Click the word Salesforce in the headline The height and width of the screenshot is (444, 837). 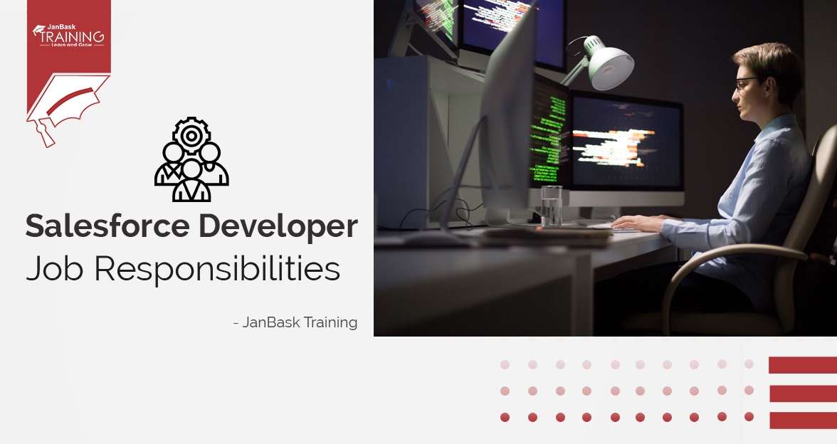[107, 226]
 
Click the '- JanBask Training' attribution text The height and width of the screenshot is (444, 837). [295, 322]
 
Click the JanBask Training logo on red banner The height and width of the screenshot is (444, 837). [68, 35]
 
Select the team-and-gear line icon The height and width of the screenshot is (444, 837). [191, 160]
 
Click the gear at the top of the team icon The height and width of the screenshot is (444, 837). [191, 132]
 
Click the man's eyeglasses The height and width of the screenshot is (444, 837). [744, 85]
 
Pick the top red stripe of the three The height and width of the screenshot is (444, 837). [802, 366]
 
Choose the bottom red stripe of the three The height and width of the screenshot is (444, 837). [802, 420]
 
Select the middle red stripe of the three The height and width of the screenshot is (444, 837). [802, 393]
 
